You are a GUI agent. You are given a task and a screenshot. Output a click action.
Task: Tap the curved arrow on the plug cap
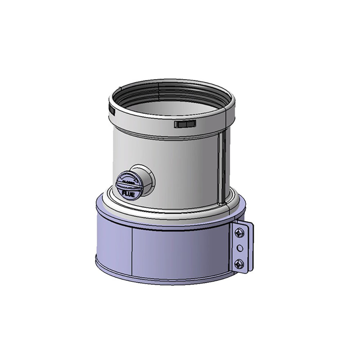tap(134, 179)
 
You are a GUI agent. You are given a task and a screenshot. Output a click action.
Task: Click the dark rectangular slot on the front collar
tap(184, 124)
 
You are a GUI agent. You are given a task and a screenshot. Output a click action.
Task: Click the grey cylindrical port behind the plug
tap(143, 173)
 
